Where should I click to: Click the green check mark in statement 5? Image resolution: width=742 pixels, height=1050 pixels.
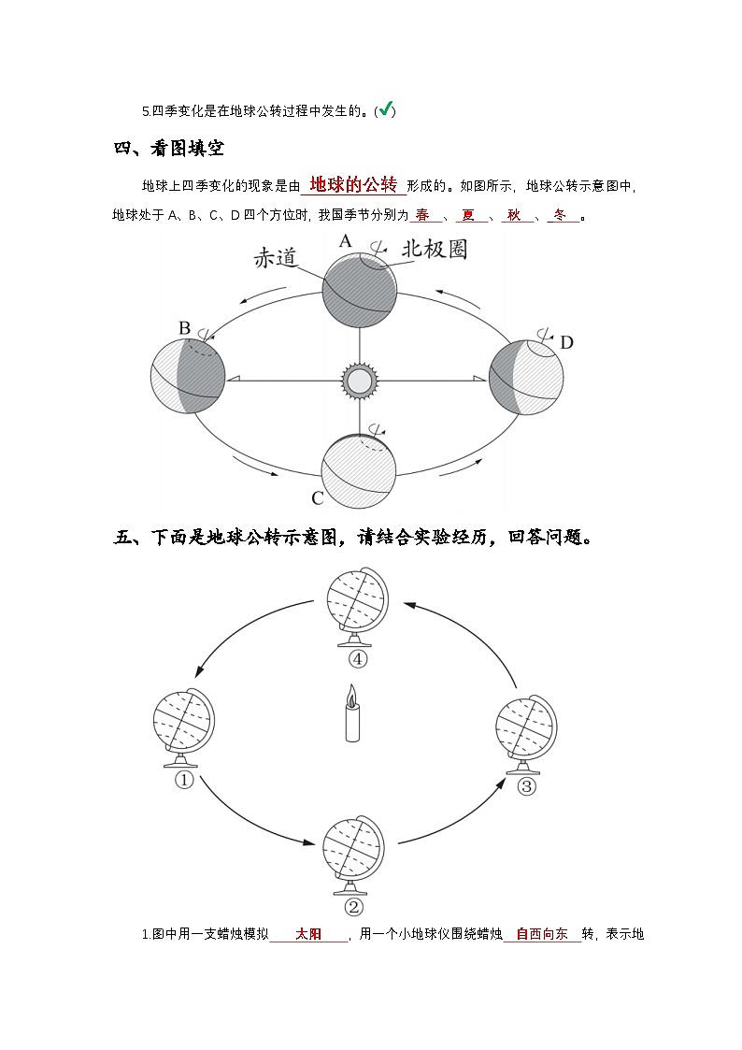click(384, 110)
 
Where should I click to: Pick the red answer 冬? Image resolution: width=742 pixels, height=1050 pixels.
click(561, 215)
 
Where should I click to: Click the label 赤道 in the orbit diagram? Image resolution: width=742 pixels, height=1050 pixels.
click(277, 258)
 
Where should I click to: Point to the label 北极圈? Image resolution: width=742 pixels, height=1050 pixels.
click(434, 249)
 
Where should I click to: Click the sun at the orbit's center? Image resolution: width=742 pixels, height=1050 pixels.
click(358, 380)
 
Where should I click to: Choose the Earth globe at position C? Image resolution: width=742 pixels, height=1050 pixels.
click(358, 470)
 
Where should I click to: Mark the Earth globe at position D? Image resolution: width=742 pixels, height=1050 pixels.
click(526, 377)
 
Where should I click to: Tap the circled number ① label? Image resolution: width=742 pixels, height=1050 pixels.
click(184, 780)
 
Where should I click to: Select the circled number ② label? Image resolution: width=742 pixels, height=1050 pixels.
click(353, 906)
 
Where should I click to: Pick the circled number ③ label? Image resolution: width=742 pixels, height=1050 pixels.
click(526, 785)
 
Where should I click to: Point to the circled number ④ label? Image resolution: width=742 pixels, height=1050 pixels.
click(357, 658)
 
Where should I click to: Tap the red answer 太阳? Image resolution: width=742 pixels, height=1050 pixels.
click(308, 933)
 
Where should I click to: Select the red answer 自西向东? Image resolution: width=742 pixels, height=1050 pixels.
click(542, 933)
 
